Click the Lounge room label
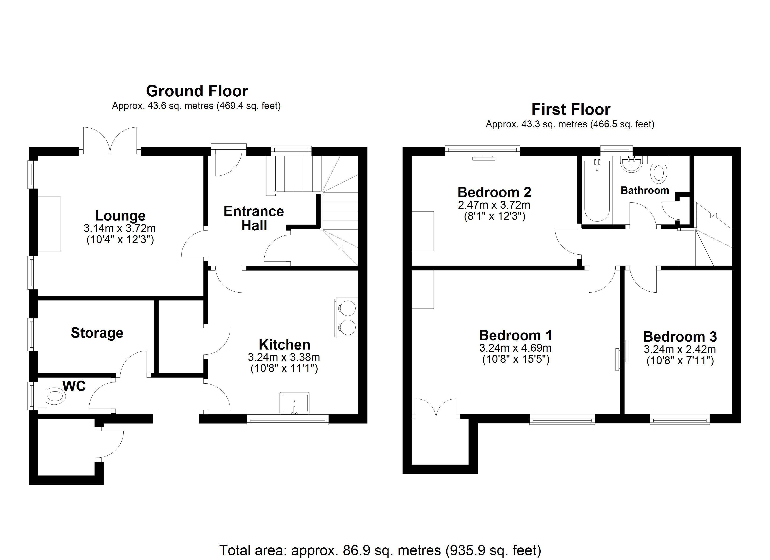[x=120, y=216]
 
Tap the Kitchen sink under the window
[x=294, y=403]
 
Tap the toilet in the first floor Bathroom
[x=659, y=170]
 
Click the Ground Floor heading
[x=197, y=91]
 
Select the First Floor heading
[x=571, y=109]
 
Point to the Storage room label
[x=97, y=333]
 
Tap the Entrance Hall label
[x=254, y=218]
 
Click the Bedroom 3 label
[x=680, y=337]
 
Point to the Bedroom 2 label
[x=494, y=192]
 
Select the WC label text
[x=74, y=386]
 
